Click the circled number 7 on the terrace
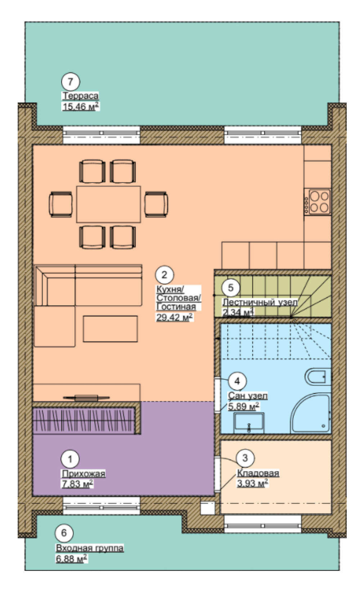point(70,81)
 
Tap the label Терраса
point(80,96)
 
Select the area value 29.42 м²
point(175,317)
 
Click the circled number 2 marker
point(164,275)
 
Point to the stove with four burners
point(318,202)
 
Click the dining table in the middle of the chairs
point(108,204)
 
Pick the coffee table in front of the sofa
point(111,329)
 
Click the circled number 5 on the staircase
point(230,288)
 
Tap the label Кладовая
point(258,473)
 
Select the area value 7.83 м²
point(77,483)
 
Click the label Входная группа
point(90,548)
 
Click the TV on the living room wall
point(86,398)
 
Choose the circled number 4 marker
point(237,381)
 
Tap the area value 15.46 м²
point(81,107)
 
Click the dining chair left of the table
point(60,204)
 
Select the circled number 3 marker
point(245,458)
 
